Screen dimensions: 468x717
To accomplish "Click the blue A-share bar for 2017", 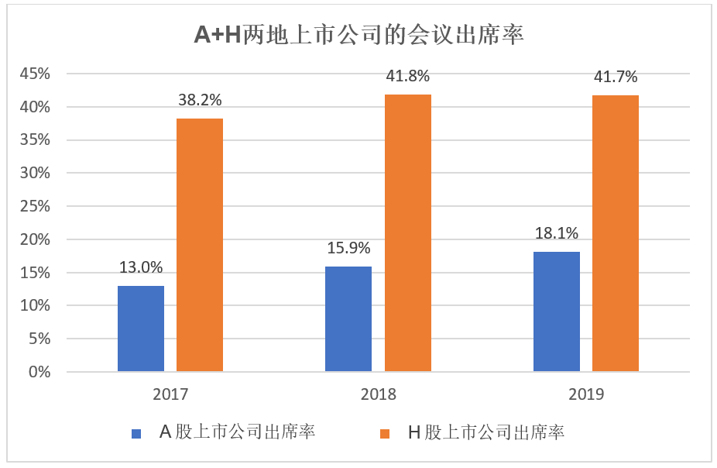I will tap(141, 329).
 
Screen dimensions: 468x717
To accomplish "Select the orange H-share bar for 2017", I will tap(200, 245).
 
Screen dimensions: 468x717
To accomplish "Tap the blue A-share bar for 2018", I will tap(348, 319).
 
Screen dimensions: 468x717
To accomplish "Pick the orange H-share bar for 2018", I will tap(408, 232).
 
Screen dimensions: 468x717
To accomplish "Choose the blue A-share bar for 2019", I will tap(557, 311).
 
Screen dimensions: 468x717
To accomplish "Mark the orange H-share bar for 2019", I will tap(616, 233).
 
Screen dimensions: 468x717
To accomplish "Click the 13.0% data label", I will tap(141, 267).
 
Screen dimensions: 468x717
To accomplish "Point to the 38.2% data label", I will tap(200, 100).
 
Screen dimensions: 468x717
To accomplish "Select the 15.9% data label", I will tap(348, 248).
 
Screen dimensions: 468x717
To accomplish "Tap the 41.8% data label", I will tap(408, 76).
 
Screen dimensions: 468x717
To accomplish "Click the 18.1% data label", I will tap(557, 233).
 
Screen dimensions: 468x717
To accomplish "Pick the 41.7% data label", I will tap(616, 77).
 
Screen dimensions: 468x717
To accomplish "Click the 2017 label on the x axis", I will tap(171, 394).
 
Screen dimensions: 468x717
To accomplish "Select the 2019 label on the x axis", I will tap(586, 394).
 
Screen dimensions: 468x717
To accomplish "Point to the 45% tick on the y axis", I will tap(36, 74).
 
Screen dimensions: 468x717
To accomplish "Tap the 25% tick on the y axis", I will tap(36, 206).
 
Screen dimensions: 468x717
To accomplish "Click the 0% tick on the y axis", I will tap(39, 372).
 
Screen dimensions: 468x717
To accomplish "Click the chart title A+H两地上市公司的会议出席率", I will tap(358, 35).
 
